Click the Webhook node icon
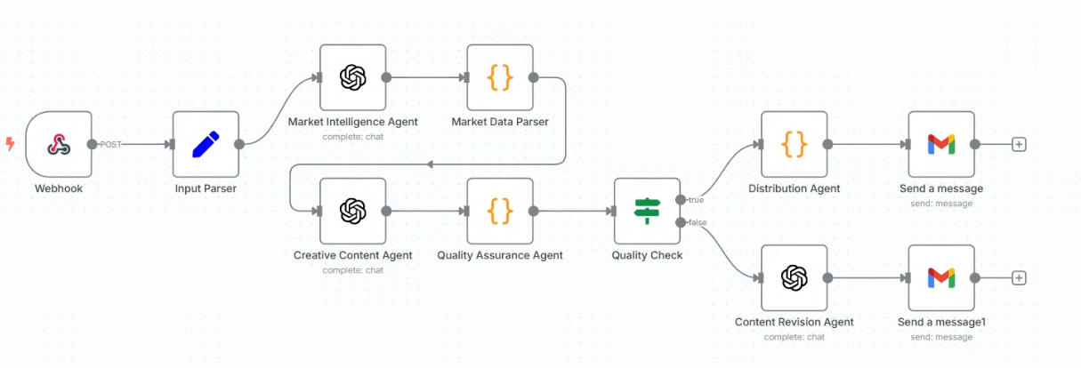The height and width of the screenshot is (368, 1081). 59,144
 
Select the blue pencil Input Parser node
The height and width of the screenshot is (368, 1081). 206,144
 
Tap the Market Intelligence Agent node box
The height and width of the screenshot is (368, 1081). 352,77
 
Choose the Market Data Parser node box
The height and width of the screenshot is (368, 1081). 500,77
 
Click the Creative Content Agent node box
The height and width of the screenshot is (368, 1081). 352,211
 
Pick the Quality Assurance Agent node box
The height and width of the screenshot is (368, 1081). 500,211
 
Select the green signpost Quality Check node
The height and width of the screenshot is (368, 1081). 647,211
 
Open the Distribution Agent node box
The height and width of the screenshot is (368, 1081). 794,144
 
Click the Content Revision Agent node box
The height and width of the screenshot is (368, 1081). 794,277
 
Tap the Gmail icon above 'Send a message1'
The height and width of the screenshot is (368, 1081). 940,277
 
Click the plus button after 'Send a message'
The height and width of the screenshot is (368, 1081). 1019,144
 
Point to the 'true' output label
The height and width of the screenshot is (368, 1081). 696,200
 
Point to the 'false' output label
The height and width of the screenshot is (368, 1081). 697,222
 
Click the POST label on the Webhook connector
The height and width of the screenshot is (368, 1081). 111,144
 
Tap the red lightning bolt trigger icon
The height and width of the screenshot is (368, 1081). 10,144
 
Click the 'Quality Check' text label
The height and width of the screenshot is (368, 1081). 647,255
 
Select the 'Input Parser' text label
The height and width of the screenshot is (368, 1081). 206,188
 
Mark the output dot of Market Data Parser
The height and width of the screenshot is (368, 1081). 533,77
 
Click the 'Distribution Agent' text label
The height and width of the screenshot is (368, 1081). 794,188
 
